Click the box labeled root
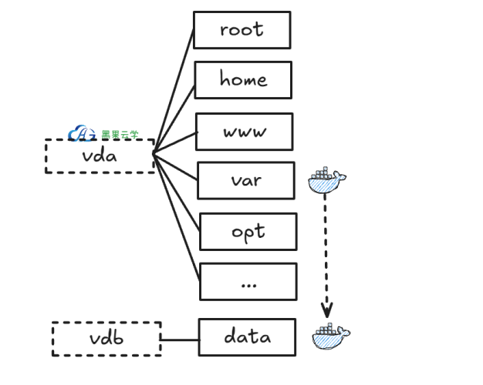[x=241, y=30]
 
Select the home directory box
[x=243, y=80]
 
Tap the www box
[x=245, y=132]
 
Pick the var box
[x=246, y=181]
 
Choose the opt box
[x=248, y=232]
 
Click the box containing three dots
[x=248, y=282]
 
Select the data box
[x=247, y=337]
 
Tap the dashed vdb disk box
[x=106, y=339]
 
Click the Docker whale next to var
[x=327, y=180]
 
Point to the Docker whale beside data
[x=331, y=336]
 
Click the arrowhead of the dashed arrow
[x=327, y=312]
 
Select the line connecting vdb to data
[x=180, y=339]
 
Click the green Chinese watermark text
[x=120, y=135]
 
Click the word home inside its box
[x=243, y=80]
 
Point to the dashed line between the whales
[x=326, y=246]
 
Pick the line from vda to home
[x=174, y=115]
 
